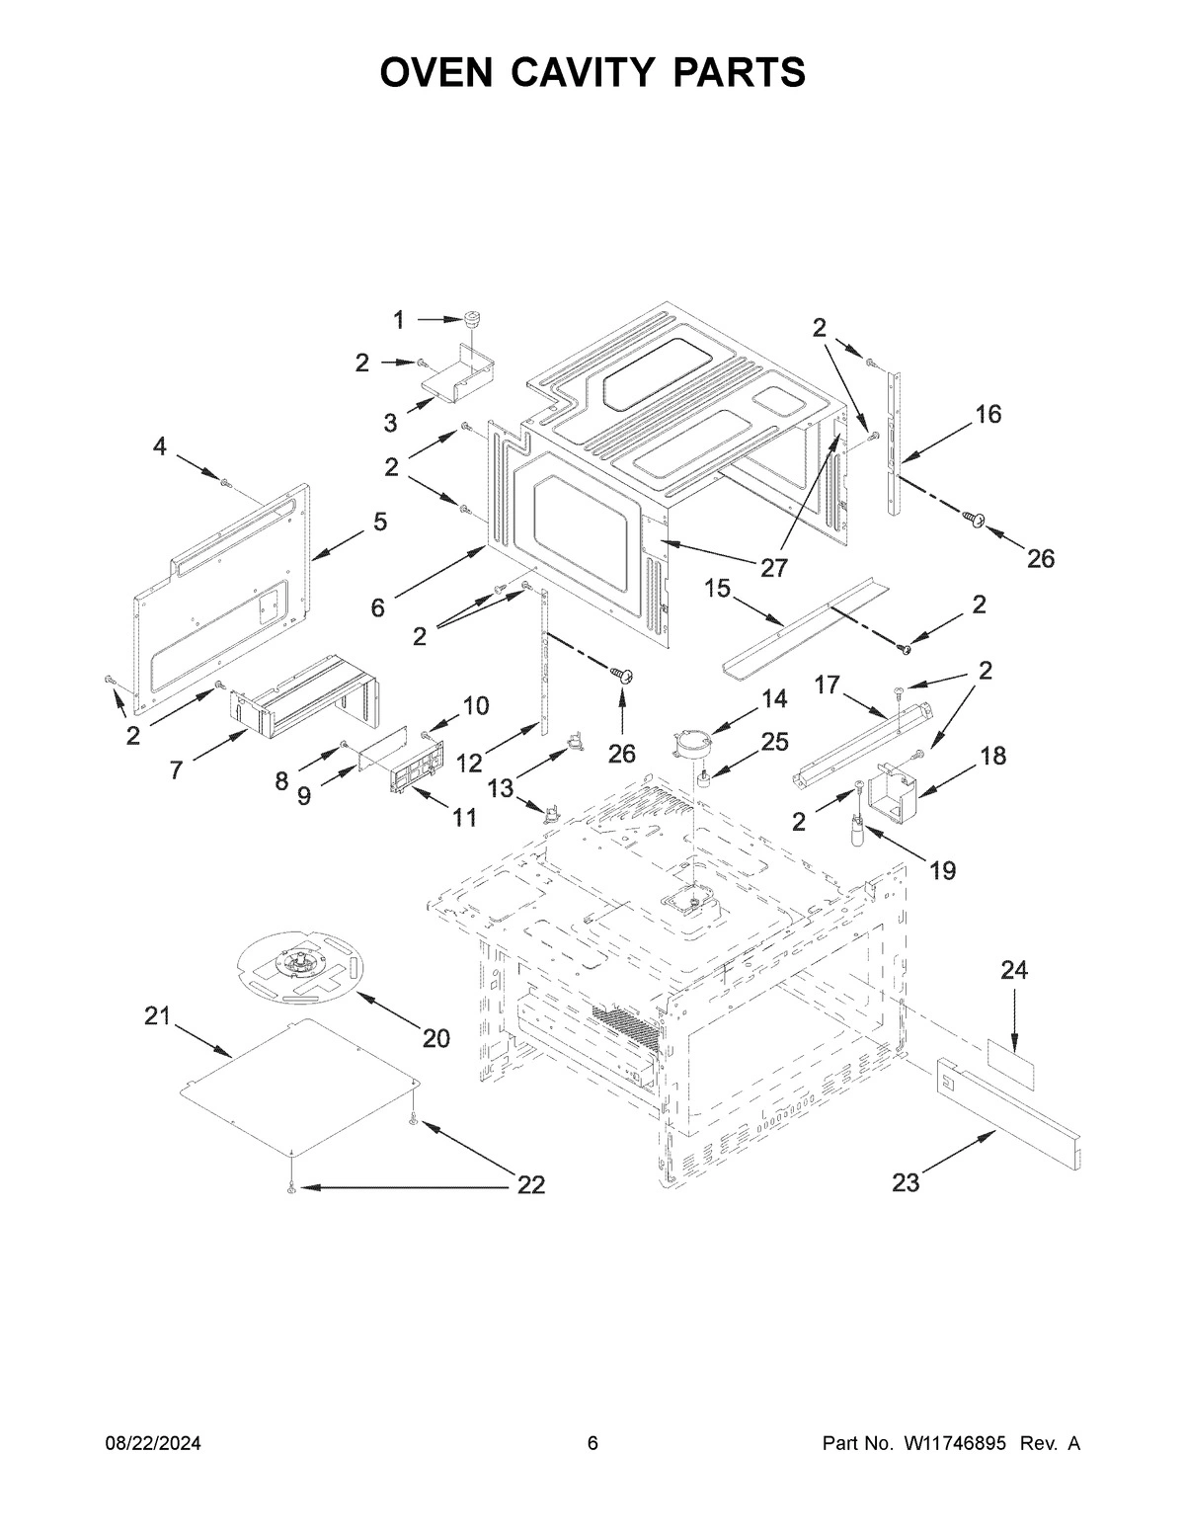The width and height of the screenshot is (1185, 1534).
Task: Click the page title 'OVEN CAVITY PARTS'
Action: click(x=592, y=73)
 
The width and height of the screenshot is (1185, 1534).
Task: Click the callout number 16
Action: click(x=987, y=414)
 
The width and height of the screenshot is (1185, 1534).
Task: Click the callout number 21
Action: click(x=158, y=1016)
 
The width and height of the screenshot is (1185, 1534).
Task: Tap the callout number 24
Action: click(x=1013, y=971)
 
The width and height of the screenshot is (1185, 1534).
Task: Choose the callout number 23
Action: click(x=906, y=1181)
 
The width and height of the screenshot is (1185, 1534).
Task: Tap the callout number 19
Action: click(x=942, y=870)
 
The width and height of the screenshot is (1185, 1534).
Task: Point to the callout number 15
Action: click(x=718, y=589)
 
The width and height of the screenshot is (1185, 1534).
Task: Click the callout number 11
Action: click(x=464, y=817)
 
